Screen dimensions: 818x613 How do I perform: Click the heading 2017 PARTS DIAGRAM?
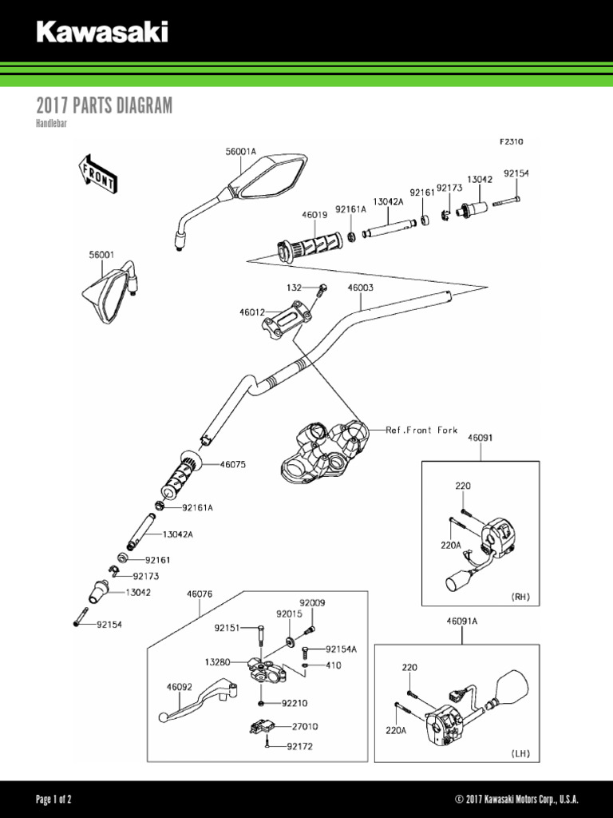[x=104, y=106]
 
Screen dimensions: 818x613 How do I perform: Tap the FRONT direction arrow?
[x=98, y=173]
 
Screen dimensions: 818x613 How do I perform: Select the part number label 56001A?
[x=240, y=151]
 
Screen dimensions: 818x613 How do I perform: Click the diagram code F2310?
[x=511, y=141]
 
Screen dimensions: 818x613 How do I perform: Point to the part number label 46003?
[x=360, y=288]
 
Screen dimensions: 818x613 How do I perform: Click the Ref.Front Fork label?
[x=421, y=430]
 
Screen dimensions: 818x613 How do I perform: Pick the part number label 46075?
[x=233, y=463]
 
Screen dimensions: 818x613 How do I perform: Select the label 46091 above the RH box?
[x=480, y=438]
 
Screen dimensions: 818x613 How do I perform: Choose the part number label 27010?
[x=305, y=727]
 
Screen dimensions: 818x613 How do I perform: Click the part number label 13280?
[x=218, y=661]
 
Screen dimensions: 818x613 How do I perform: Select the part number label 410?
[x=334, y=665]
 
